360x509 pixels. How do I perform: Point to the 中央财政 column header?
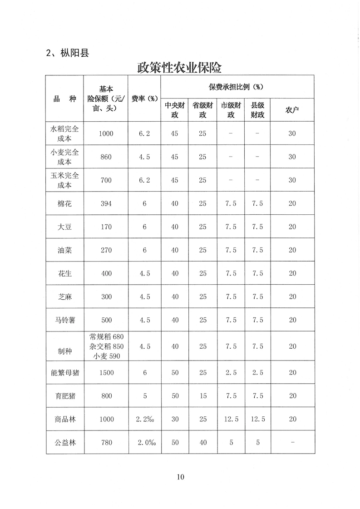[x=174, y=110]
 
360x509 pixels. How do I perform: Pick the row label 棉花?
[x=64, y=203]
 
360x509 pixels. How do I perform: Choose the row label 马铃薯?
[x=64, y=320]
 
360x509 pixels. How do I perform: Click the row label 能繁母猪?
[x=64, y=372]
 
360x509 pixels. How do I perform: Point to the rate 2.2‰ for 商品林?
[x=144, y=419]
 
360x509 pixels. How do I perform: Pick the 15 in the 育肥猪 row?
[x=202, y=396]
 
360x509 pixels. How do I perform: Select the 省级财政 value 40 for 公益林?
[x=202, y=442]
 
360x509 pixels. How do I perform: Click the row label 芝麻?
[x=64, y=297]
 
